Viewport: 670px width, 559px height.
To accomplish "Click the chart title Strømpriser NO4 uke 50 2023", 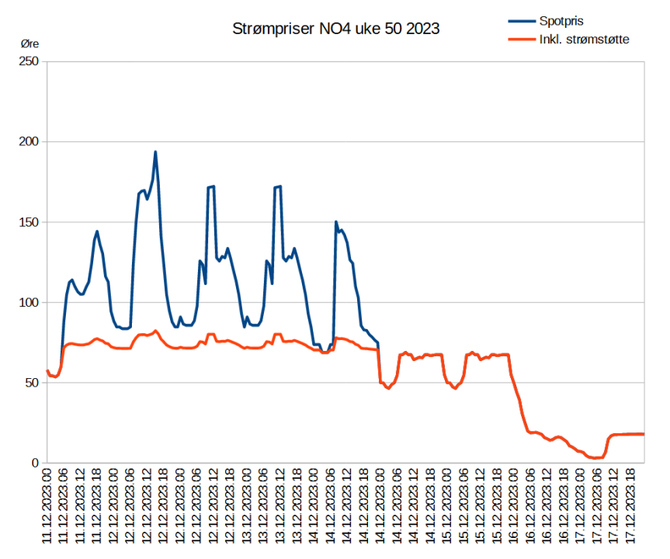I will pyautogui.click(x=335, y=30).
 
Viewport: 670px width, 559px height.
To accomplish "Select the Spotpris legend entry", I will pyautogui.click(x=561, y=21).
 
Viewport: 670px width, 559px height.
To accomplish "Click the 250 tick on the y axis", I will pyautogui.click(x=30, y=61).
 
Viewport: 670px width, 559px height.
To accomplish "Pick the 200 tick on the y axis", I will pyautogui.click(x=30, y=142).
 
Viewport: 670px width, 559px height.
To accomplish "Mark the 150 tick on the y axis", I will pyautogui.click(x=30, y=222).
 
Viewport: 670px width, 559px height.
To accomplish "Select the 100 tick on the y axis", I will pyautogui.click(x=30, y=303).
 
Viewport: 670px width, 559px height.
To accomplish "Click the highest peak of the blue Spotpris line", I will pyautogui.click(x=155, y=151).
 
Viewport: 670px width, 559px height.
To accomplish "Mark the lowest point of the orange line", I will pyautogui.click(x=595, y=458).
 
